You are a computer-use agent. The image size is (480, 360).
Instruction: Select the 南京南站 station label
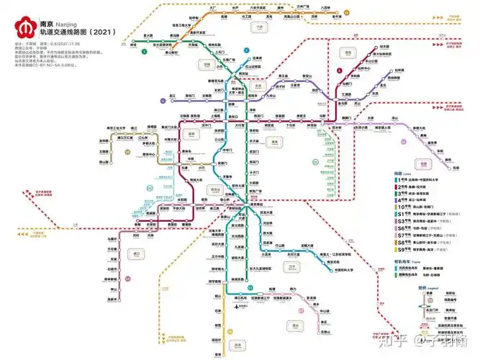(257, 204)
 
